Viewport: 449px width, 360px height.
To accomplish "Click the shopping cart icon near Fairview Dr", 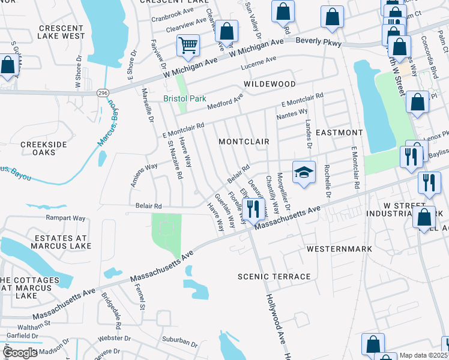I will tap(188, 44).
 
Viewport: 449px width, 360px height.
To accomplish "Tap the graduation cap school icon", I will tap(304, 173).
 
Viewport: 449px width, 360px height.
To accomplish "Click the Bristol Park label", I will tap(185, 98).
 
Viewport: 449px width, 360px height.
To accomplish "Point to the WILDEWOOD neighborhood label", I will tap(270, 84).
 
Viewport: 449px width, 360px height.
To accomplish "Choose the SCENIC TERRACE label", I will tap(274, 277).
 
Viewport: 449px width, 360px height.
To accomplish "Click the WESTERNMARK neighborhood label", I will tap(339, 248).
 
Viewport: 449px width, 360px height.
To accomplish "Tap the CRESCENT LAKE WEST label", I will tap(61, 32).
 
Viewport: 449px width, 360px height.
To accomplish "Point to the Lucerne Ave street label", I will tap(258, 62).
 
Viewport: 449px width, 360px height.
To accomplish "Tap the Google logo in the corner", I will tap(20, 353).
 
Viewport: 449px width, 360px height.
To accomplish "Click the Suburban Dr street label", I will tap(181, 343).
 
